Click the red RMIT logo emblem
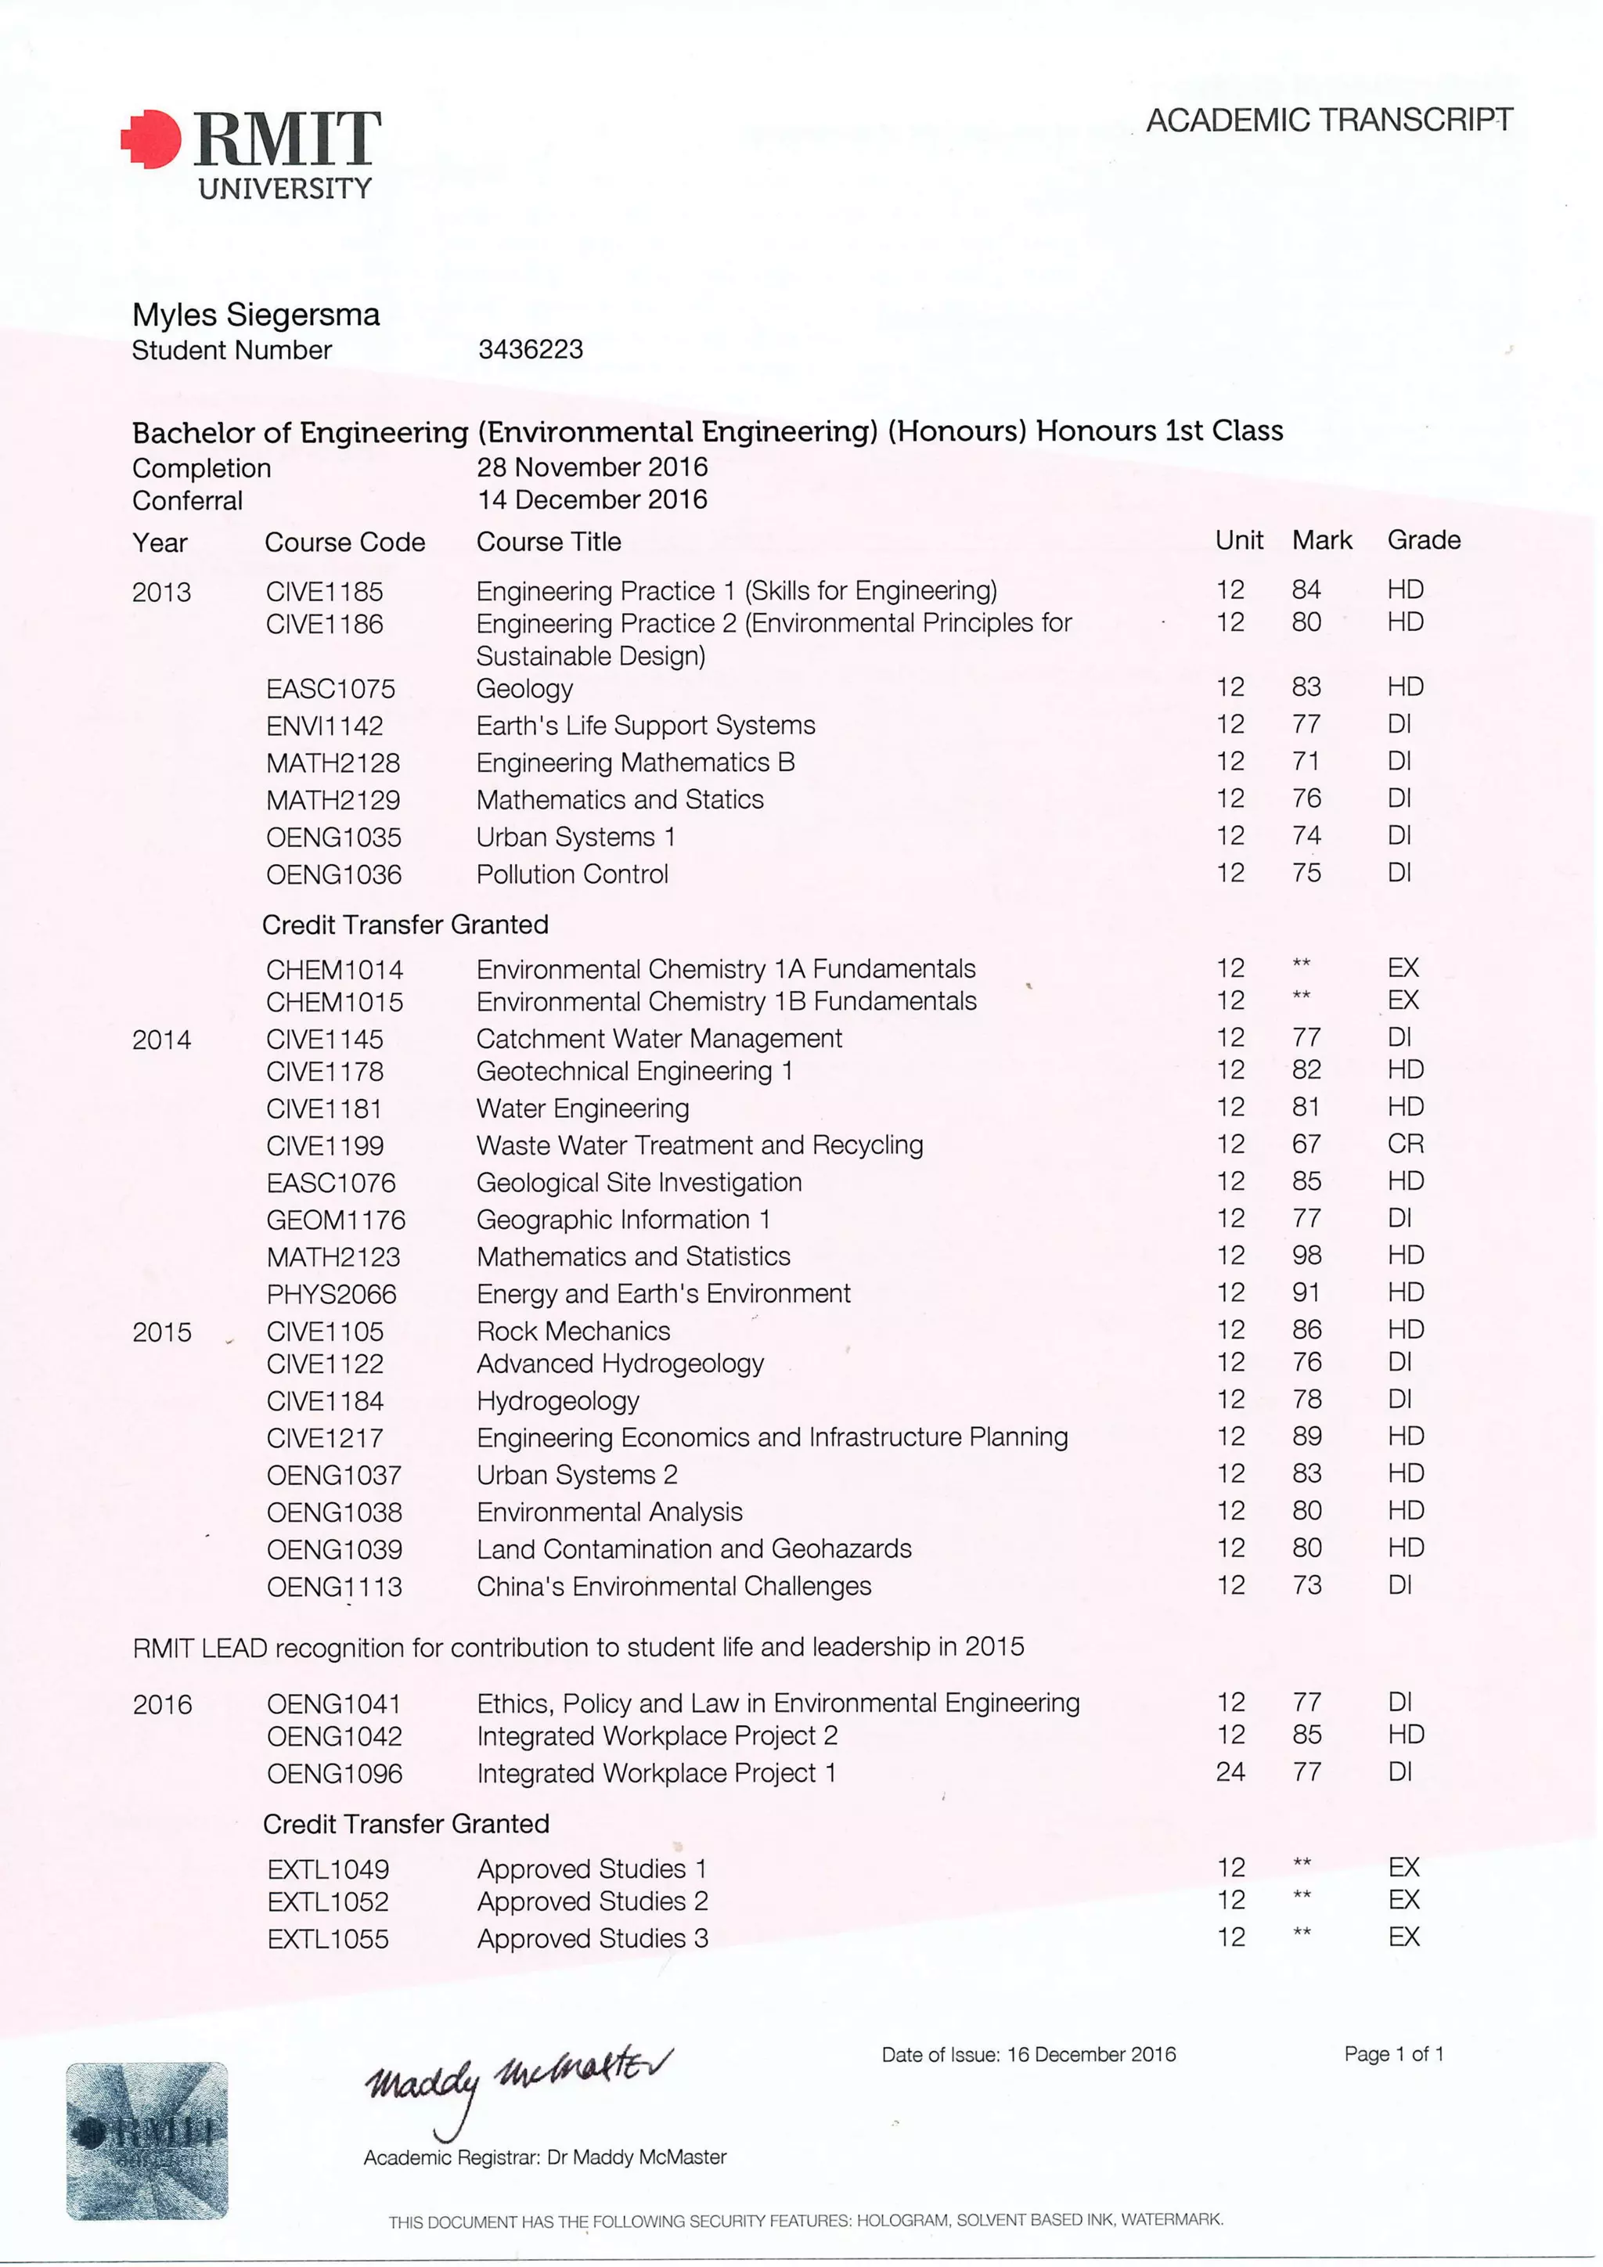[151, 139]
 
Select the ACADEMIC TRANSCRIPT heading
[1328, 121]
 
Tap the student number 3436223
[530, 350]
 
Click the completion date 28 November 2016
[593, 467]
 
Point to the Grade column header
[1423, 540]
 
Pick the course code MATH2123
[333, 1257]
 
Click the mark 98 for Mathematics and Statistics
[1306, 1255]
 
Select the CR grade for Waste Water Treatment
[1405, 1144]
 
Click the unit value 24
[1230, 1771]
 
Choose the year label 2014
[162, 1040]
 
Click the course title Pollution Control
[572, 874]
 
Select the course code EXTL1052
[328, 1901]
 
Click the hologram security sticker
[147, 2139]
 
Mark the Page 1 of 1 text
[1394, 2054]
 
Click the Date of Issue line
[1028, 2055]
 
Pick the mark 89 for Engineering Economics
[1306, 1436]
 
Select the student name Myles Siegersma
[256, 315]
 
